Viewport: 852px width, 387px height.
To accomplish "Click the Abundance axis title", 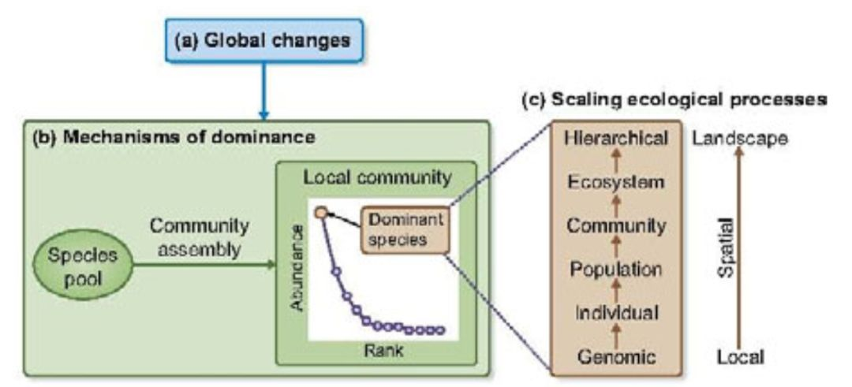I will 296,268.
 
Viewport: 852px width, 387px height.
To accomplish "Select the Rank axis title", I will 379,352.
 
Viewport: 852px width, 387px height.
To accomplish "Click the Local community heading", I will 377,177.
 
